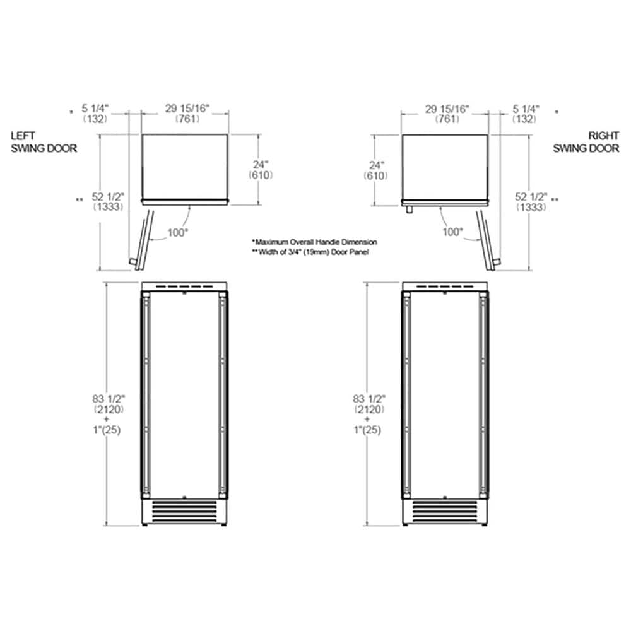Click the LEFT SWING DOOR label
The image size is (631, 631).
click(x=44, y=143)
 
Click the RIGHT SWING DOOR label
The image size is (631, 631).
click(x=586, y=143)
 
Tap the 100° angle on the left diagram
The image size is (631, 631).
click(x=178, y=232)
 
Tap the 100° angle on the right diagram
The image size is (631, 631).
click(x=452, y=232)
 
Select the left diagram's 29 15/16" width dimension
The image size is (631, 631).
click(x=187, y=114)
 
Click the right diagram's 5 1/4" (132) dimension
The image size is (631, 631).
click(x=525, y=114)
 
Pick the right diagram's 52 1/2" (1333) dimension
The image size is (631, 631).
click(x=531, y=201)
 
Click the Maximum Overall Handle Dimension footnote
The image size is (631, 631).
click(x=314, y=242)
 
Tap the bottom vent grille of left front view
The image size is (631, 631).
click(x=184, y=510)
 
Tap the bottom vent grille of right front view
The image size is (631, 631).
click(x=445, y=510)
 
